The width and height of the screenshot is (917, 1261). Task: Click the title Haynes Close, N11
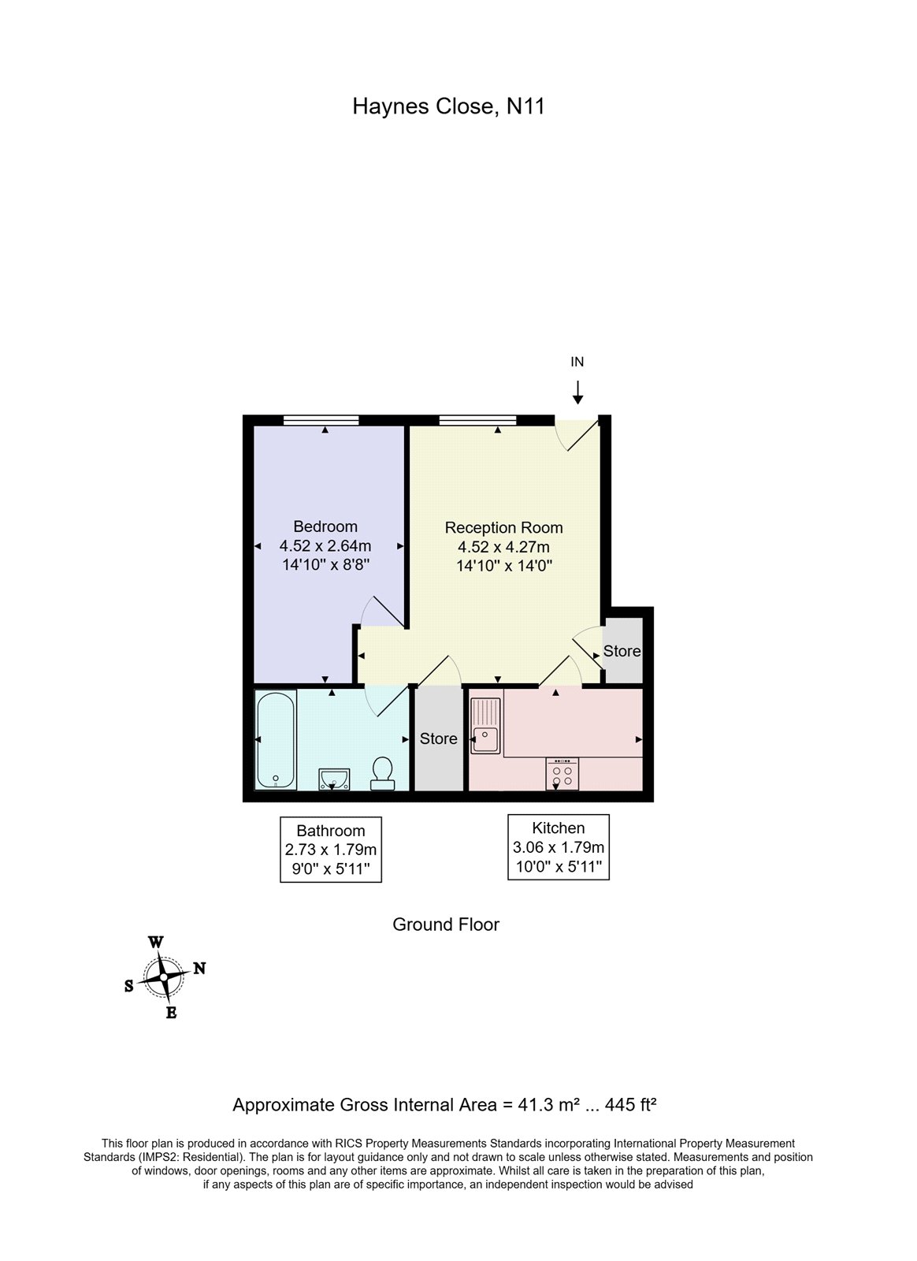click(x=448, y=106)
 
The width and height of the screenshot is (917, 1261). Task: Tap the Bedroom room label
click(x=325, y=526)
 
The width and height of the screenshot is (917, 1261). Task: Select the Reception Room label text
click(x=503, y=528)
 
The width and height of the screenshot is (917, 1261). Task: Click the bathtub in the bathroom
click(x=276, y=738)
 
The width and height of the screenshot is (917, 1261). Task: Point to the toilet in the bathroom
click(x=382, y=773)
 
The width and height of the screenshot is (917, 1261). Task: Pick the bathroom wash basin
click(x=334, y=779)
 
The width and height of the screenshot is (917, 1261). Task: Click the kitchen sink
click(x=485, y=725)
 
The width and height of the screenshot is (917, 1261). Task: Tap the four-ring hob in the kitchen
click(x=562, y=773)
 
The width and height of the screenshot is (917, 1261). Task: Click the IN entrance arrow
click(x=577, y=392)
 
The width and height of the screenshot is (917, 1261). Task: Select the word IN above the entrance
click(x=577, y=362)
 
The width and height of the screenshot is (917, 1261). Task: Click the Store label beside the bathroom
click(x=438, y=738)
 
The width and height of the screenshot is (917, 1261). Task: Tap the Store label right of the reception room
click(x=622, y=651)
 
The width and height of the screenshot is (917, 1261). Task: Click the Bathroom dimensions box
click(x=331, y=850)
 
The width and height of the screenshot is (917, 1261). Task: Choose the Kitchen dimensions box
click(x=559, y=846)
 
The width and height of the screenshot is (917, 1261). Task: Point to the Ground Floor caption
click(x=446, y=924)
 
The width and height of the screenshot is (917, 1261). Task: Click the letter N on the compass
click(x=200, y=968)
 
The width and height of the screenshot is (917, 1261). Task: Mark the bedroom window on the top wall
click(x=321, y=420)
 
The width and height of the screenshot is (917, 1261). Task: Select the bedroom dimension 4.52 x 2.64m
click(x=325, y=545)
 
